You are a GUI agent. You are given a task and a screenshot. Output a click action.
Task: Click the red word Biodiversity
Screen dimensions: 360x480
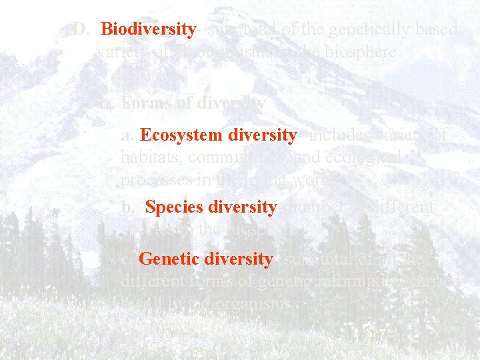(148, 29)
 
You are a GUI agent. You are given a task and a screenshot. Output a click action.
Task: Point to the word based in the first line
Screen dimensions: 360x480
(435, 29)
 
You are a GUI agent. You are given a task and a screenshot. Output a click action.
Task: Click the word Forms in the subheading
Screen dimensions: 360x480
(141, 103)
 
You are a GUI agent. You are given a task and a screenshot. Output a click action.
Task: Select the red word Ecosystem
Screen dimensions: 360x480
(182, 135)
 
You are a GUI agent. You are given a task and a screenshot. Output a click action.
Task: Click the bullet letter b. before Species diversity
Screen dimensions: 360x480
(129, 207)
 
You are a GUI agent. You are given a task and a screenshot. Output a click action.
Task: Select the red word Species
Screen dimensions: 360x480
(173, 207)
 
